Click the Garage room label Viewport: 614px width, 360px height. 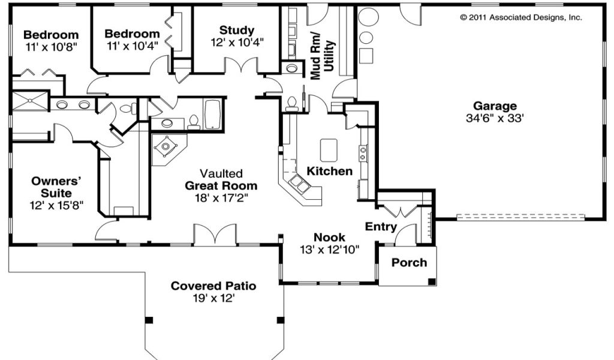[x=495, y=106]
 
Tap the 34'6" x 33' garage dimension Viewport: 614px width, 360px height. [x=495, y=118]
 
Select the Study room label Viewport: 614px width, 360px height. [x=236, y=30]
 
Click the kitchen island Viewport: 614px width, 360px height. [x=329, y=150]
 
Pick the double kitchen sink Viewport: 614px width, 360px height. [x=299, y=184]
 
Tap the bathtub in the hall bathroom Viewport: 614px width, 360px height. [x=213, y=114]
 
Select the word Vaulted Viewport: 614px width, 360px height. [x=221, y=173]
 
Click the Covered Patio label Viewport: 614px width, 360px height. [x=213, y=286]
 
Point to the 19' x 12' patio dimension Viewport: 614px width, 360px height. [x=213, y=298]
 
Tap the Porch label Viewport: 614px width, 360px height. [x=409, y=262]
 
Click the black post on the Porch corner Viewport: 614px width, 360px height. [x=432, y=281]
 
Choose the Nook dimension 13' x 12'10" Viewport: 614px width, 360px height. [x=330, y=249]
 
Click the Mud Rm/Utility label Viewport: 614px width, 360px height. [x=323, y=55]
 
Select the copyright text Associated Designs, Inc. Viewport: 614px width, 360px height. [x=535, y=17]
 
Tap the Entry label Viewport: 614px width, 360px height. [x=381, y=226]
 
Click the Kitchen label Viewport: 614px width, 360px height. [x=329, y=171]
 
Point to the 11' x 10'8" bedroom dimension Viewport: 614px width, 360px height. [x=52, y=47]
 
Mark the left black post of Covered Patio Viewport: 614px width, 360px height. [x=149, y=320]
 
